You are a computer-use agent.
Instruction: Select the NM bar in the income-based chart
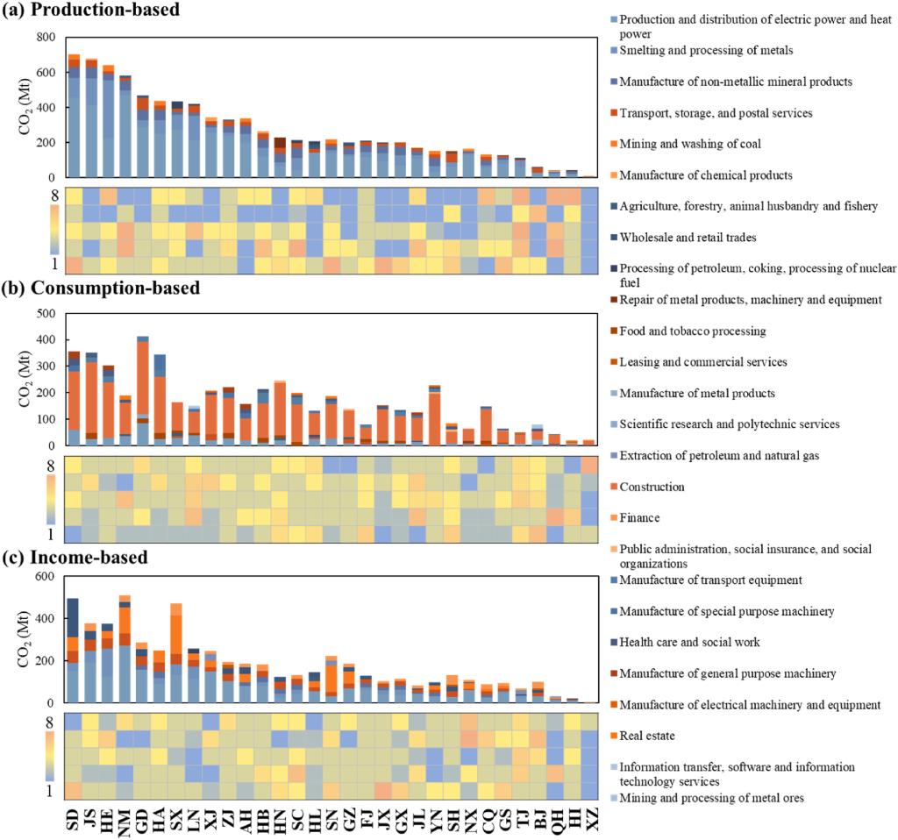[125, 649]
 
